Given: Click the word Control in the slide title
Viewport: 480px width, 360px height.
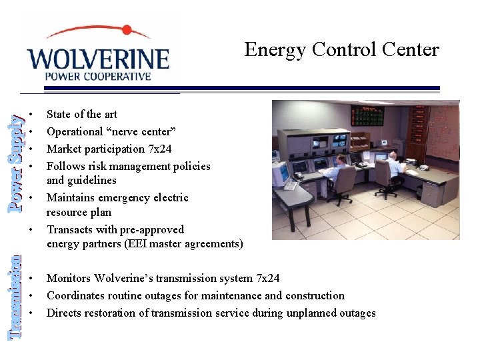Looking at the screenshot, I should [343, 49].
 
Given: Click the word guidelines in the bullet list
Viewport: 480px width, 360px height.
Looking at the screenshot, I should [90, 180].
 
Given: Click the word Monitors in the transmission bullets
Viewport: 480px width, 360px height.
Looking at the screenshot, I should [68, 278].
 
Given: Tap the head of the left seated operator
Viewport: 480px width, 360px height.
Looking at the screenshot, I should [341, 161].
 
